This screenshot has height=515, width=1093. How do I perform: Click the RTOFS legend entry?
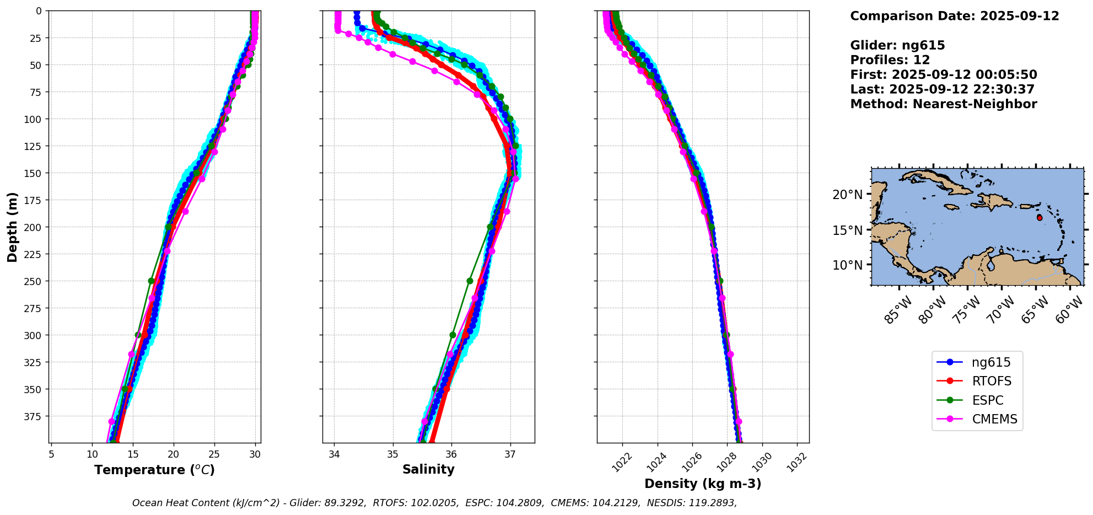coord(991,382)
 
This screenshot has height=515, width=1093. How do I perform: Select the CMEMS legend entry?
coord(994,419)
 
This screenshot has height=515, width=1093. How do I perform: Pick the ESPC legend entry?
coord(987,400)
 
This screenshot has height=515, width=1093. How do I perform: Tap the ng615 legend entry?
coord(990,363)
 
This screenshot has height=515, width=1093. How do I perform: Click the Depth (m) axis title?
coord(13,227)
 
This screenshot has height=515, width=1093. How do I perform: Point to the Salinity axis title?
coord(428,470)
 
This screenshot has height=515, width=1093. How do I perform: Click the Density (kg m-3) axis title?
coord(703,484)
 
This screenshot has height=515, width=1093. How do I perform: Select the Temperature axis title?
coord(154,470)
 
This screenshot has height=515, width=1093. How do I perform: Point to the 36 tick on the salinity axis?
coord(451,454)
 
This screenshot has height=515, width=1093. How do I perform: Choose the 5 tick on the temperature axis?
coord(51,454)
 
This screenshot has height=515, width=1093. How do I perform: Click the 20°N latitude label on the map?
coord(848,195)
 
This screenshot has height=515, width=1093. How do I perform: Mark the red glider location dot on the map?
coord(1040,218)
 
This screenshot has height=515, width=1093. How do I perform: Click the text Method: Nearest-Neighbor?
coord(943,104)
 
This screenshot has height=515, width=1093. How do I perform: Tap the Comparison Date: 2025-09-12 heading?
coord(954,16)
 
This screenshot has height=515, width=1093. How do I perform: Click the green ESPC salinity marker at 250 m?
coord(470,281)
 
